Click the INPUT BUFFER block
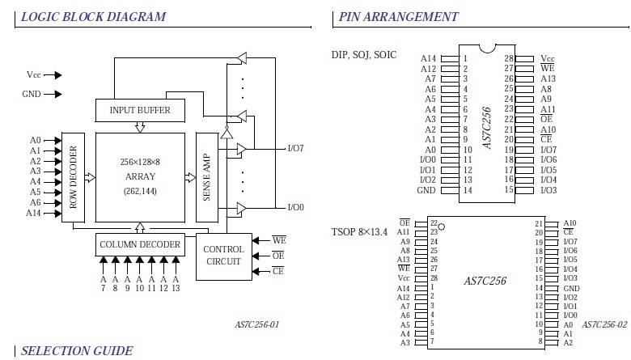[140, 110]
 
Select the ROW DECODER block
[74, 177]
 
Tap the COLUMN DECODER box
[140, 244]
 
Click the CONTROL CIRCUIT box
[224, 256]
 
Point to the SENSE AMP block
[207, 177]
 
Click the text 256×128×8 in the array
[140, 162]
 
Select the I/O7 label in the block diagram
[296, 148]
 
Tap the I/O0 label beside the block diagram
[296, 208]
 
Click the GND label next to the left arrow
[32, 94]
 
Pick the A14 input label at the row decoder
[33, 214]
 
